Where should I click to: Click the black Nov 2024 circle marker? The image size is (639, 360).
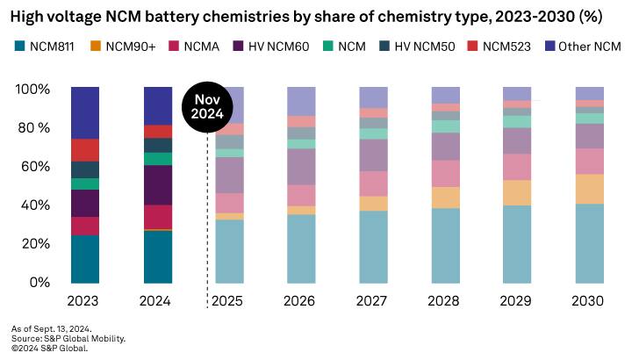tap(207, 106)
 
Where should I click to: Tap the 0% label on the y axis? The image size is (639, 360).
tap(40, 283)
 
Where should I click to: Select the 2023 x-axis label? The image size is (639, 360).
tap(84, 301)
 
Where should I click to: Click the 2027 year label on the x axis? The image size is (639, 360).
tap(373, 301)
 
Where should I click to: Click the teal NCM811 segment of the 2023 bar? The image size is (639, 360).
tap(84, 259)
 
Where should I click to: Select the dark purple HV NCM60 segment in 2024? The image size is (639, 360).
tap(157, 185)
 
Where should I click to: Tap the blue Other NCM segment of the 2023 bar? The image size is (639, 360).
tap(84, 112)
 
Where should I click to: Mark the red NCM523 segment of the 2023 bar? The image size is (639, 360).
tap(84, 149)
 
